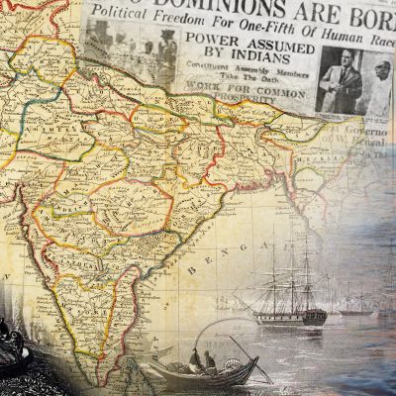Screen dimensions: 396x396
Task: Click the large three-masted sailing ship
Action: (x=287, y=287)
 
